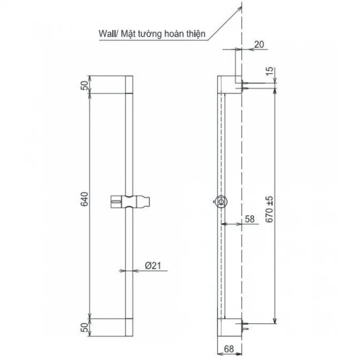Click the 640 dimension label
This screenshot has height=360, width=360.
pyautogui.click(x=84, y=199)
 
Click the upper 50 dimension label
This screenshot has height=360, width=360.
pyautogui.click(x=84, y=85)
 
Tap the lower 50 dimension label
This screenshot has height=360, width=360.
pyautogui.click(x=84, y=328)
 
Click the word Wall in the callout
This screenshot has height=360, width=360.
pyautogui.click(x=106, y=34)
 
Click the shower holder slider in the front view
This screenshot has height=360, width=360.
pyautogui.click(x=130, y=201)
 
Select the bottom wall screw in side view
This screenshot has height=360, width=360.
pyautogui.click(x=246, y=325)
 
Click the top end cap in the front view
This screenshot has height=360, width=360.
pyautogui.click(x=129, y=85)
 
